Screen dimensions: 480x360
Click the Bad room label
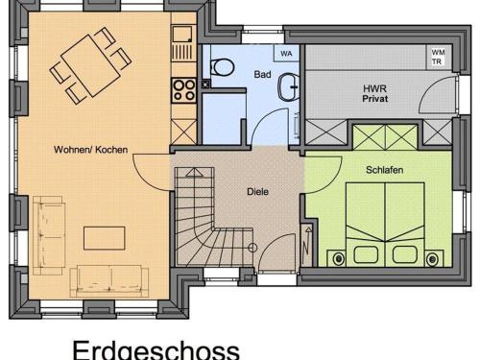(262, 74)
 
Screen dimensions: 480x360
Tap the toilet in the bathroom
(223, 67)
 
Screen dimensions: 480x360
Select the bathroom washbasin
(288, 86)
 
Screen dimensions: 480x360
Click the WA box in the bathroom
(286, 54)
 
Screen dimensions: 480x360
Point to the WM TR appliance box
(438, 57)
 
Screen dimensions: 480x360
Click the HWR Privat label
(375, 93)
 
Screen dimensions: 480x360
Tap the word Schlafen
(384, 170)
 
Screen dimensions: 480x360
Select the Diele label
(257, 192)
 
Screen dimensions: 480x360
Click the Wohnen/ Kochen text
(90, 150)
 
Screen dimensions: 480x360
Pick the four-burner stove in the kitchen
(183, 90)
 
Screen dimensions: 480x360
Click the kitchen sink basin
(182, 34)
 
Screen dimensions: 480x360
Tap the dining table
(90, 66)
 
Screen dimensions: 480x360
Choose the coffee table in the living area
(105, 238)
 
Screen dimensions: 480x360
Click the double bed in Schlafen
(385, 225)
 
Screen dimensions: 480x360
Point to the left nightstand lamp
(339, 258)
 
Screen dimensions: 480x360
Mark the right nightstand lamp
(432, 258)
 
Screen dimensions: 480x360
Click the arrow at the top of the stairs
(194, 173)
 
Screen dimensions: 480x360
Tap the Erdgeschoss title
(156, 349)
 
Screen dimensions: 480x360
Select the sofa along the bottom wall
(109, 281)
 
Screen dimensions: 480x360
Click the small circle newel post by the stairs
(252, 248)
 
